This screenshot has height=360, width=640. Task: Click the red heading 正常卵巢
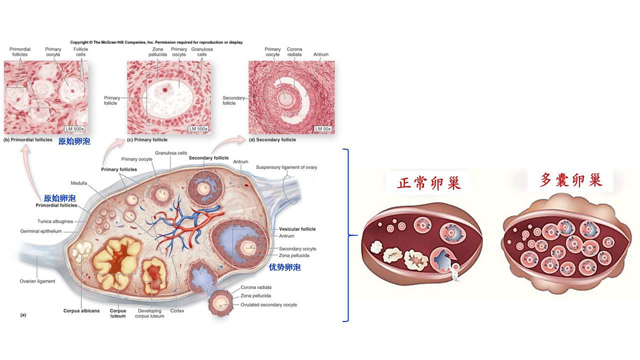tap(428, 183)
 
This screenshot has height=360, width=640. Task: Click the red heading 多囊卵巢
tap(571, 180)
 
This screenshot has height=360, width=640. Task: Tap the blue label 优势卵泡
tap(284, 267)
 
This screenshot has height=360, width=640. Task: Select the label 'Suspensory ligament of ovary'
tap(286, 167)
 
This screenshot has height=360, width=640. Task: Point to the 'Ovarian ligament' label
tap(37, 281)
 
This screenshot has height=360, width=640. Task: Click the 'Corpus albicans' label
tap(81, 310)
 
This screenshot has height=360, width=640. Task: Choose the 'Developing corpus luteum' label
tap(149, 313)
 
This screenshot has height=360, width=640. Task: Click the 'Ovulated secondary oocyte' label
tap(268, 304)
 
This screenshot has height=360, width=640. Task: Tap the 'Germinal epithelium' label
tap(41, 231)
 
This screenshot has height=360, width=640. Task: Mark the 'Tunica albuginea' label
tap(55, 221)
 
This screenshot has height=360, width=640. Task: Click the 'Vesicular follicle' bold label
tap(297, 229)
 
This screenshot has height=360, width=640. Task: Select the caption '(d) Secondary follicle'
tap(272, 140)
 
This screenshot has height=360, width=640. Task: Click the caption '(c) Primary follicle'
tap(147, 140)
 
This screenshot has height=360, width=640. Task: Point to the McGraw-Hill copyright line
tap(156, 42)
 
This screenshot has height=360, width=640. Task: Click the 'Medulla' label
tap(78, 183)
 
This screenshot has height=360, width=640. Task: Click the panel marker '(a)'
tap(22, 315)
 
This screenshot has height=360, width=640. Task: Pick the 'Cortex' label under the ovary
tap(177, 310)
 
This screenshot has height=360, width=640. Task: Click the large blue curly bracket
tap(347, 234)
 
